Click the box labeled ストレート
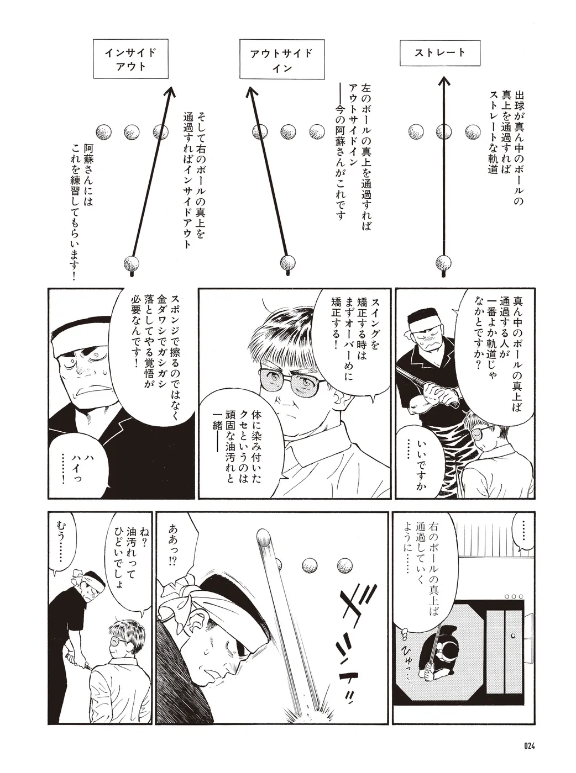click(440, 53)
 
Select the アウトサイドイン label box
click(282, 59)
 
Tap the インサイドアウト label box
click(130, 59)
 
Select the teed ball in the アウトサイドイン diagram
click(287, 262)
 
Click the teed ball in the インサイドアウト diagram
click(132, 263)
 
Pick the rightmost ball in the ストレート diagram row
click(473, 132)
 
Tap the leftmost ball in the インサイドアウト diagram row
click(103, 132)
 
